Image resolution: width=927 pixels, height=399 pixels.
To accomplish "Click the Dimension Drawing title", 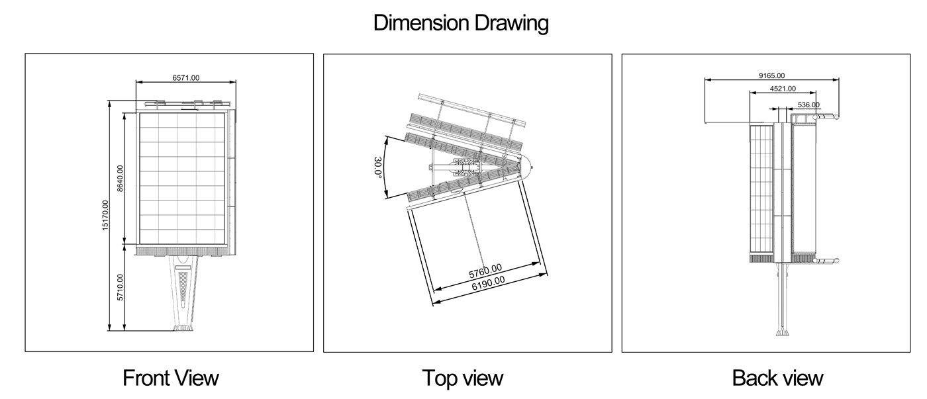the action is tap(461, 23).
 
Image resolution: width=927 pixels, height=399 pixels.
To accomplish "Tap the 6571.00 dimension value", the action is tap(186, 77).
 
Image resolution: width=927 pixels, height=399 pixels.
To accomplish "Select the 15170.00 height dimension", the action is tap(105, 216).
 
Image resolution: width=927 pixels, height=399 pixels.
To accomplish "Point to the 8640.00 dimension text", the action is tap(120, 178).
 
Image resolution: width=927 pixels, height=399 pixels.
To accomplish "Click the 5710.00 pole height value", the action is tap(120, 287).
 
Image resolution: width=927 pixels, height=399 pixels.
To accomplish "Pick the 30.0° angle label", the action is tap(377, 167).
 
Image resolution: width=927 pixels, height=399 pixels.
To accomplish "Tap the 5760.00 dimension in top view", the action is tap(485, 271).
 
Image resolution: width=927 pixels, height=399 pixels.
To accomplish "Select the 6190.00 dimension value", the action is tap(489, 284).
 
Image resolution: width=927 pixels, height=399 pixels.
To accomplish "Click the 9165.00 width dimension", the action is tap(772, 75).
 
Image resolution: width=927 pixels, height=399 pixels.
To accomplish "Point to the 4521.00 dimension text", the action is tap(783, 89).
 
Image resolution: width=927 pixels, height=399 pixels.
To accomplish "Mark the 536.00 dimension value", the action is tap(808, 105).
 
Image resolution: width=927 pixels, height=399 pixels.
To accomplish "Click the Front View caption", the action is tap(171, 378).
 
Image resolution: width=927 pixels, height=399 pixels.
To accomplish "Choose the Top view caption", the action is tap(463, 378).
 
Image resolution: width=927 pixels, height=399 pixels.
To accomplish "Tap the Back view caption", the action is tap(777, 378).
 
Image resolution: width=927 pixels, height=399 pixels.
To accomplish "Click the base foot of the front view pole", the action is tap(183, 328).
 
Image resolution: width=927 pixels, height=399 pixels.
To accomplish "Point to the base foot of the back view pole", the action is tap(782, 332).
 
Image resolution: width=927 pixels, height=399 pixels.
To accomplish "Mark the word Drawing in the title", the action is tap(512, 23).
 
